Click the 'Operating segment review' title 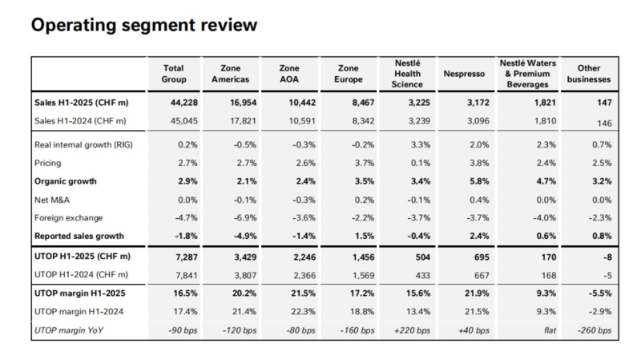point(144,25)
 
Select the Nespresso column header point(464,74)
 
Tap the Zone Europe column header point(349,74)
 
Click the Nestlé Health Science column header point(409,74)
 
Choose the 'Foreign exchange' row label point(70,218)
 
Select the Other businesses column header point(588,74)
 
